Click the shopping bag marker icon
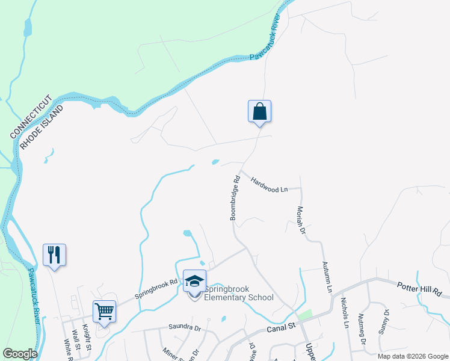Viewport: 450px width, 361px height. (x=259, y=112)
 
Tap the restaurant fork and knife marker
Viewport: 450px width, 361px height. (x=54, y=255)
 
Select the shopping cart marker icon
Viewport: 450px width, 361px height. (x=104, y=312)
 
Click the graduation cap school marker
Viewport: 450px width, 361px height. (x=194, y=281)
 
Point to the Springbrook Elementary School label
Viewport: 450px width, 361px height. (x=239, y=293)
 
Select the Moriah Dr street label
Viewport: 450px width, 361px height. (x=301, y=221)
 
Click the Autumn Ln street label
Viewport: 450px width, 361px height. (x=327, y=277)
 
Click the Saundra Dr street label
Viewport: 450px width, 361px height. (x=185, y=327)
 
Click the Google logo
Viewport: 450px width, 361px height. (x=20, y=353)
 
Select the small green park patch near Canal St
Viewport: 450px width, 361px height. (x=305, y=315)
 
